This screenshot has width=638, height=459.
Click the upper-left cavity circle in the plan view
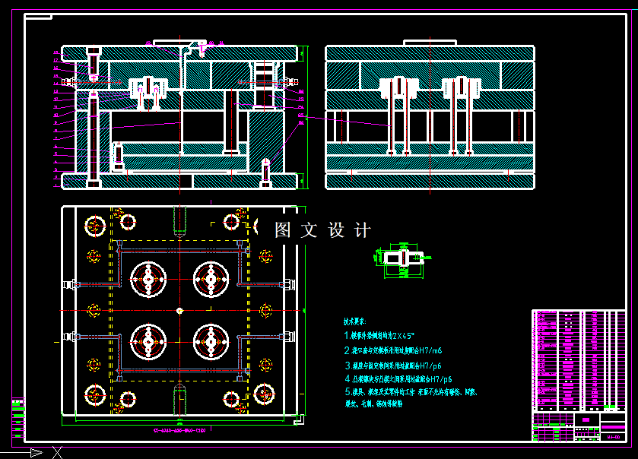(148, 280)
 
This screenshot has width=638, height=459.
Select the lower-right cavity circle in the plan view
(211, 342)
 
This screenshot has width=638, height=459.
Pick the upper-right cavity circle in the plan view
(211, 280)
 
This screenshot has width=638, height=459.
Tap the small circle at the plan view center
(179, 310)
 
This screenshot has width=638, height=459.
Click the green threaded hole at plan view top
(179, 220)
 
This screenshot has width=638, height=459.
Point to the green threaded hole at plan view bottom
(179, 400)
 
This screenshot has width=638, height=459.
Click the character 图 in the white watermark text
(283, 230)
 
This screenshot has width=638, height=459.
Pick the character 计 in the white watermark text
(363, 230)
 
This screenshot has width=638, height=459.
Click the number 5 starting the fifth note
(347, 393)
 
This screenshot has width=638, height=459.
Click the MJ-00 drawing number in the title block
(613, 437)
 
